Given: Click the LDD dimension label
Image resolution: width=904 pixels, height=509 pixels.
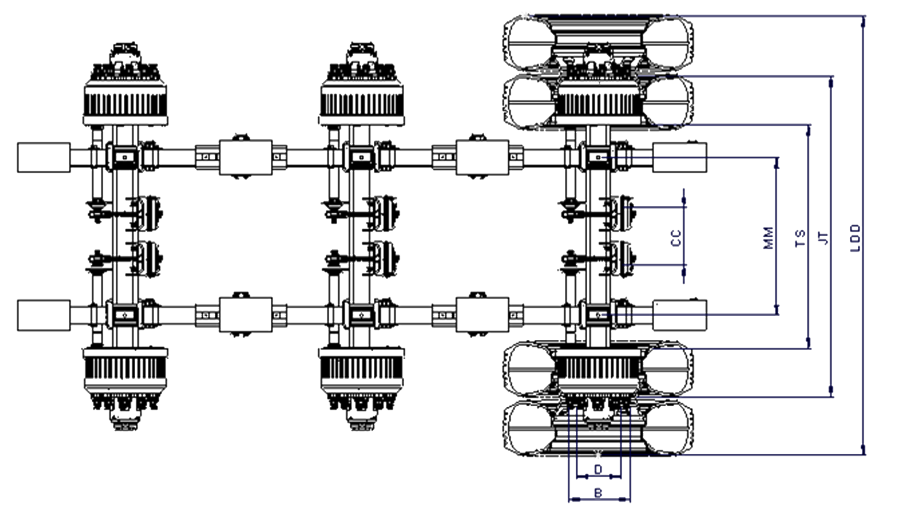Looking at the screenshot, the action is [855, 238].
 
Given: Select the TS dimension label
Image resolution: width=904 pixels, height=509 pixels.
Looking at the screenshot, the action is [800, 238].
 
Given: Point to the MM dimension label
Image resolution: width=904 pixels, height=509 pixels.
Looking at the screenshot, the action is [768, 238].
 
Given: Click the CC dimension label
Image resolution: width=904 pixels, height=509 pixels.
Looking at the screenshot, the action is [676, 238].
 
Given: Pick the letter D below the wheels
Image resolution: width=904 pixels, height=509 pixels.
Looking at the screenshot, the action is [598, 469].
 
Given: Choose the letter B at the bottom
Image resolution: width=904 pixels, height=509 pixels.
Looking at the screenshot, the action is [598, 493].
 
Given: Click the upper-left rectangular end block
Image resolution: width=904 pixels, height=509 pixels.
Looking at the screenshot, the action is [44, 157].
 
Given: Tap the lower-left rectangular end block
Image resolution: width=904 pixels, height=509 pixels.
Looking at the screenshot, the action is [44, 315].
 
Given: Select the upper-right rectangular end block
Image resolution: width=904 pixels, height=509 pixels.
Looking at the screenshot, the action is [679, 157].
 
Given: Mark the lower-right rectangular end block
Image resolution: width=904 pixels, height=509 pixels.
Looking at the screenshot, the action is [679, 315].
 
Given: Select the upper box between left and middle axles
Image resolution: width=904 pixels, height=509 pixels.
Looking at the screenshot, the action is [245, 157].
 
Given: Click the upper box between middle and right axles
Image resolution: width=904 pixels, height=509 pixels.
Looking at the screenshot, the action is [482, 157].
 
